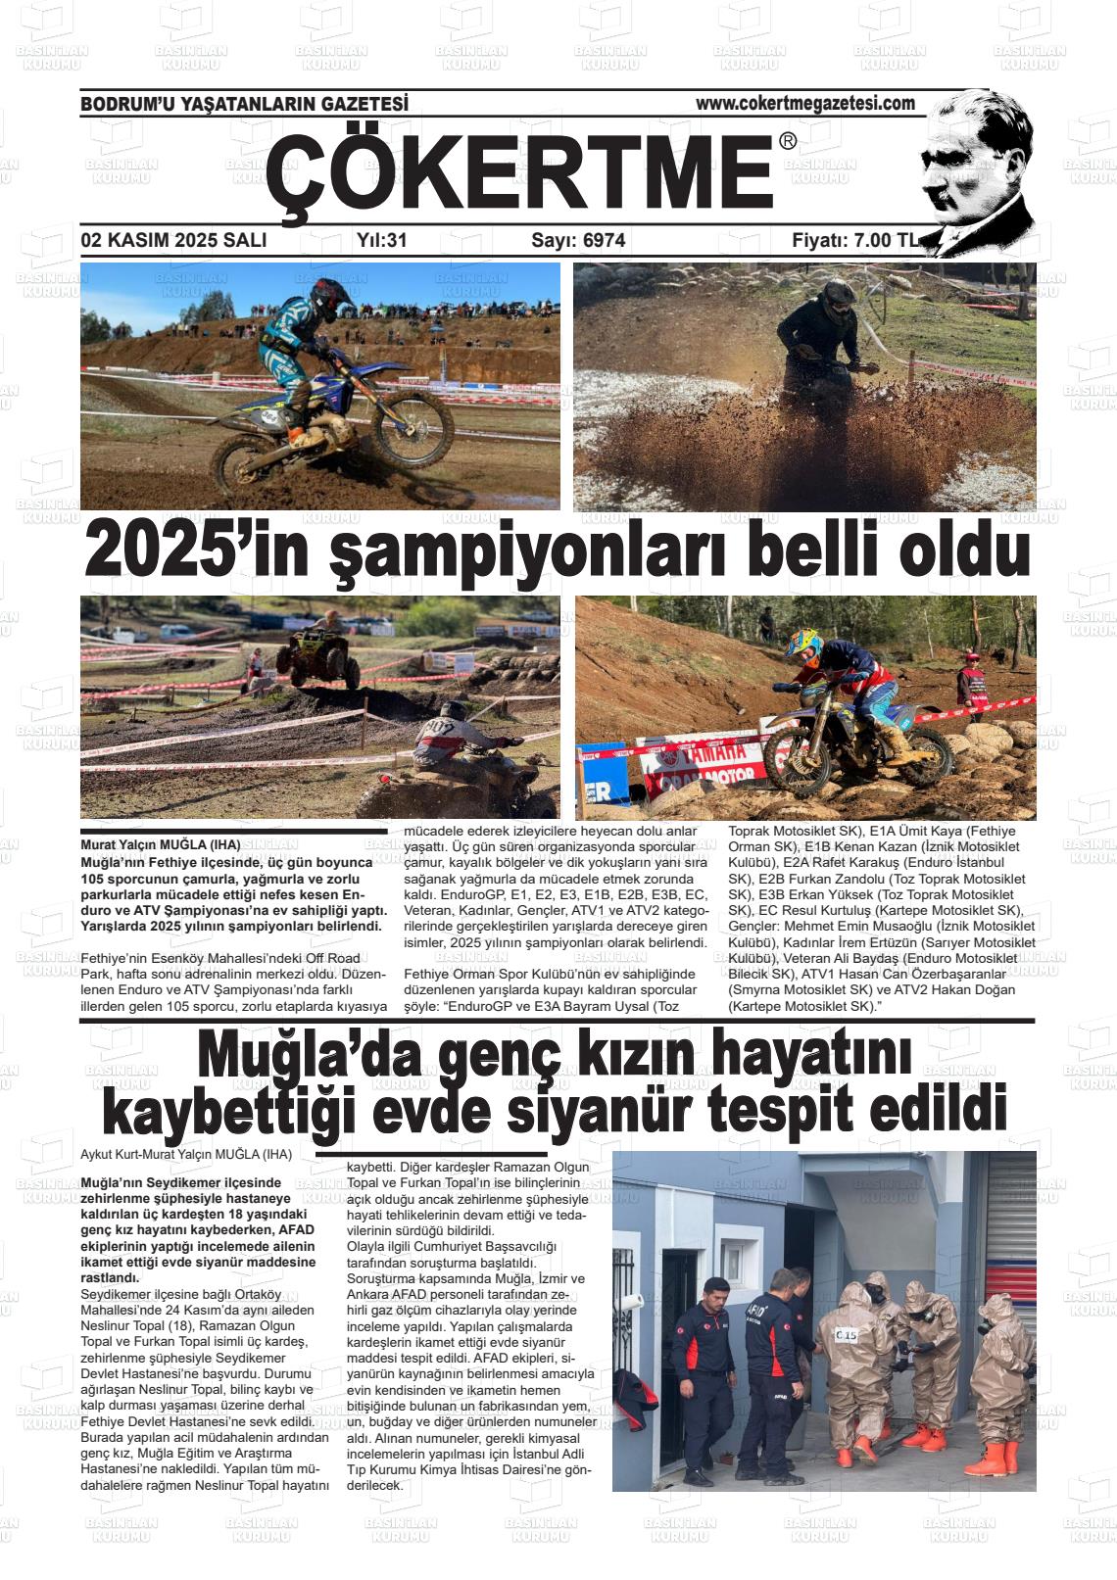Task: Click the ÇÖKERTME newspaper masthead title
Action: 519,173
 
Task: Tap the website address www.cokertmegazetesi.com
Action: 804,103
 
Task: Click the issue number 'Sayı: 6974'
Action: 578,241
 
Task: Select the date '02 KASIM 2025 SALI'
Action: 173,241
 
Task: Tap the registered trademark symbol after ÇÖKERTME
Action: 788,142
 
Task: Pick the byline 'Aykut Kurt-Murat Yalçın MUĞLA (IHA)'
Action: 186,1154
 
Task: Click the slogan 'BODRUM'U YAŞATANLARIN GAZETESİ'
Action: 244,104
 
